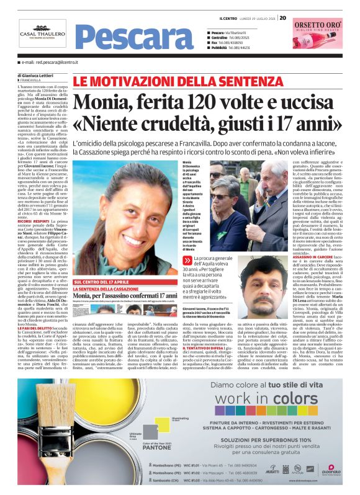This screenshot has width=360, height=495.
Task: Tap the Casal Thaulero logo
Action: pyautogui.click(x=42, y=34)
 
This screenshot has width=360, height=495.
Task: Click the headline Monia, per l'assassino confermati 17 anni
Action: pyautogui.click(x=126, y=297)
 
